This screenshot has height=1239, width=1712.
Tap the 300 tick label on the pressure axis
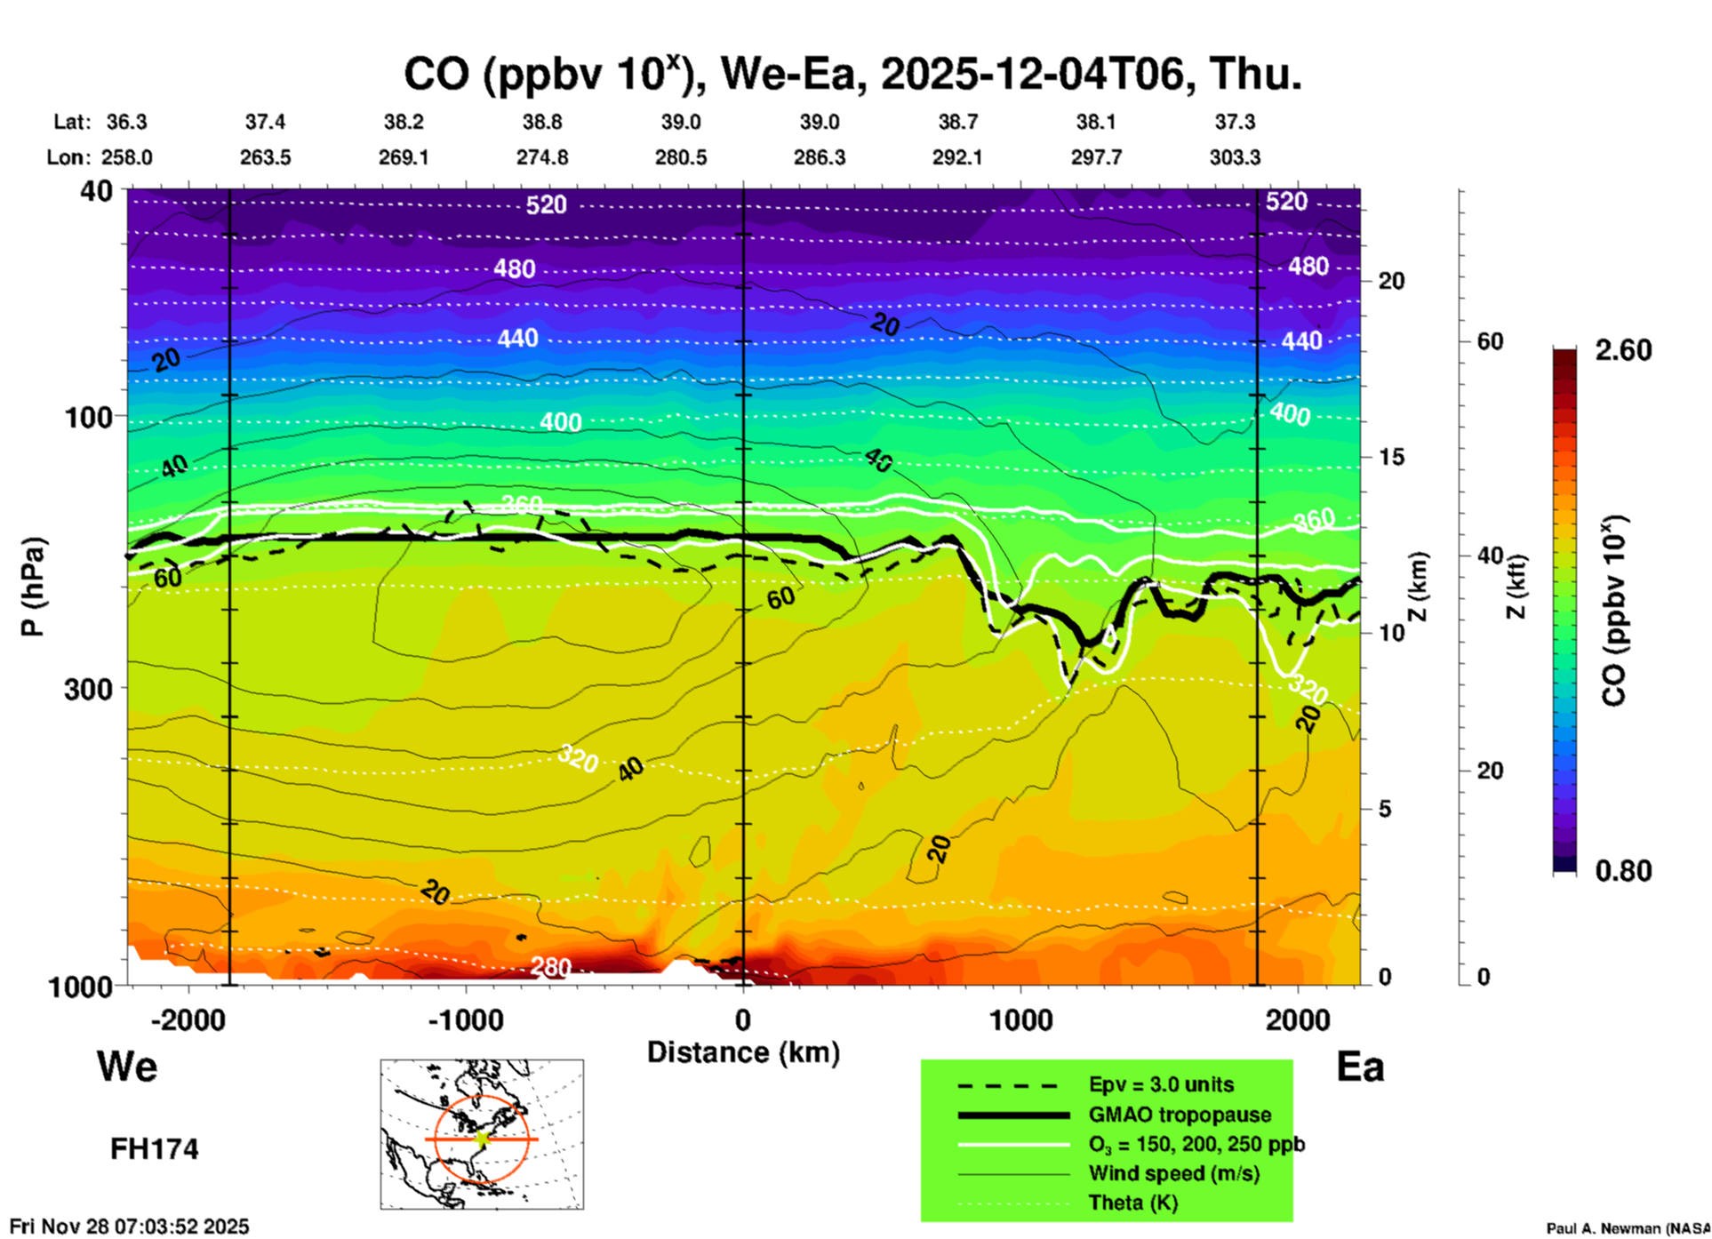coord(89,689)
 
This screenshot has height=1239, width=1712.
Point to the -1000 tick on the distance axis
coord(465,1019)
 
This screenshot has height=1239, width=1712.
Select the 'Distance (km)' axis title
coord(743,1052)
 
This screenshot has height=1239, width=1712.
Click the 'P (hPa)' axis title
coord(32,587)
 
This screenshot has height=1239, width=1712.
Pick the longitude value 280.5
coord(681,157)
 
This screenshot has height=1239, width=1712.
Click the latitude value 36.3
coord(127,122)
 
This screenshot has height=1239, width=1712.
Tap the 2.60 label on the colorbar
coord(1623,350)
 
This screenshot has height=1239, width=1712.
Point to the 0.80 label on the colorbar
coord(1623,870)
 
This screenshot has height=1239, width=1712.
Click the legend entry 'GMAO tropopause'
coord(1180,1115)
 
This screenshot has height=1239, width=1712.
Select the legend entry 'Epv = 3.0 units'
coord(1161,1084)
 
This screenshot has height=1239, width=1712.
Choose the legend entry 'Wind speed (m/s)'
coord(1173,1173)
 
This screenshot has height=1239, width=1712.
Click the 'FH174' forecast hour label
coord(154,1149)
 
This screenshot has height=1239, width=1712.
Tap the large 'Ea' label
coord(1360,1067)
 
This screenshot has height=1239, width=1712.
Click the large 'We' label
coord(127,1066)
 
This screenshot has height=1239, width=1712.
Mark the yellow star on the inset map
coord(482,1139)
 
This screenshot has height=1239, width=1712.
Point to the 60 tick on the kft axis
coord(1490,341)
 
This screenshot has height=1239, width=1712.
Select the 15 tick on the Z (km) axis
coord(1391,457)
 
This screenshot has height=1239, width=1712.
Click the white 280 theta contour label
coord(550,966)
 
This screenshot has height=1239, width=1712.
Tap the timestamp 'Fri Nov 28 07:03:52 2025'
coord(130,1227)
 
